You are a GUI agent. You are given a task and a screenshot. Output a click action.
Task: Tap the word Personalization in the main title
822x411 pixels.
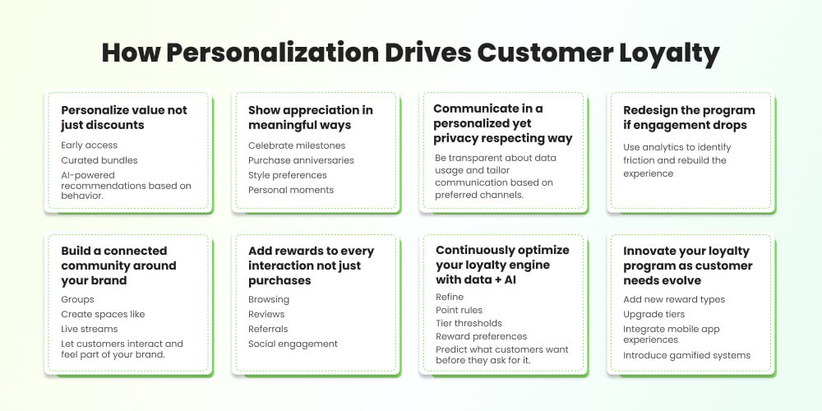pos(260,53)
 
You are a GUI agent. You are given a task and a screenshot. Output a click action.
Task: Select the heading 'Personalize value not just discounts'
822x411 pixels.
pos(124,118)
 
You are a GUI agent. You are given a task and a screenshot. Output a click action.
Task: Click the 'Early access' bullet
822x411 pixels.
pos(90,145)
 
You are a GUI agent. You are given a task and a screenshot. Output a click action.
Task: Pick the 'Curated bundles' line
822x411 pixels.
pos(99,160)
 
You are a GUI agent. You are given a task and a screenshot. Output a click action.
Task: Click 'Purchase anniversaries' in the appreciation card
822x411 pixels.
pos(301,160)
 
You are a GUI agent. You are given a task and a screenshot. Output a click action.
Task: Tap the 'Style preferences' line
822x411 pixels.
pos(288,175)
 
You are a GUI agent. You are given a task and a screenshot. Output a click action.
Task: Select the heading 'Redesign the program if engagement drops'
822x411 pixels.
pos(689,118)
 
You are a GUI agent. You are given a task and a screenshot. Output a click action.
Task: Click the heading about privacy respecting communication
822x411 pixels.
pos(502,123)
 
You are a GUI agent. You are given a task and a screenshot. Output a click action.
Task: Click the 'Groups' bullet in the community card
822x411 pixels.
pos(78,299)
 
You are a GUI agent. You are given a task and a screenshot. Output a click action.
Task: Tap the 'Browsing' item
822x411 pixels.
pos(269,299)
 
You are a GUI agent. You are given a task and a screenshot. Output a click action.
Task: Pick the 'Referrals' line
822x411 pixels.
pos(268,329)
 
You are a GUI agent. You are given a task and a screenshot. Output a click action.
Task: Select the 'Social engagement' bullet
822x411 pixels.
pos(293,344)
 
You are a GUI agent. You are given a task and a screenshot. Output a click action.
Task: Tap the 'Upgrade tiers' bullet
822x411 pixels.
pos(653,314)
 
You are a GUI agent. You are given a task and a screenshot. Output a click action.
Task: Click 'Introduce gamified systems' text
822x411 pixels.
pos(686,355)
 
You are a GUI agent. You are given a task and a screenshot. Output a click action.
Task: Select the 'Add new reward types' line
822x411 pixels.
pos(674,299)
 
